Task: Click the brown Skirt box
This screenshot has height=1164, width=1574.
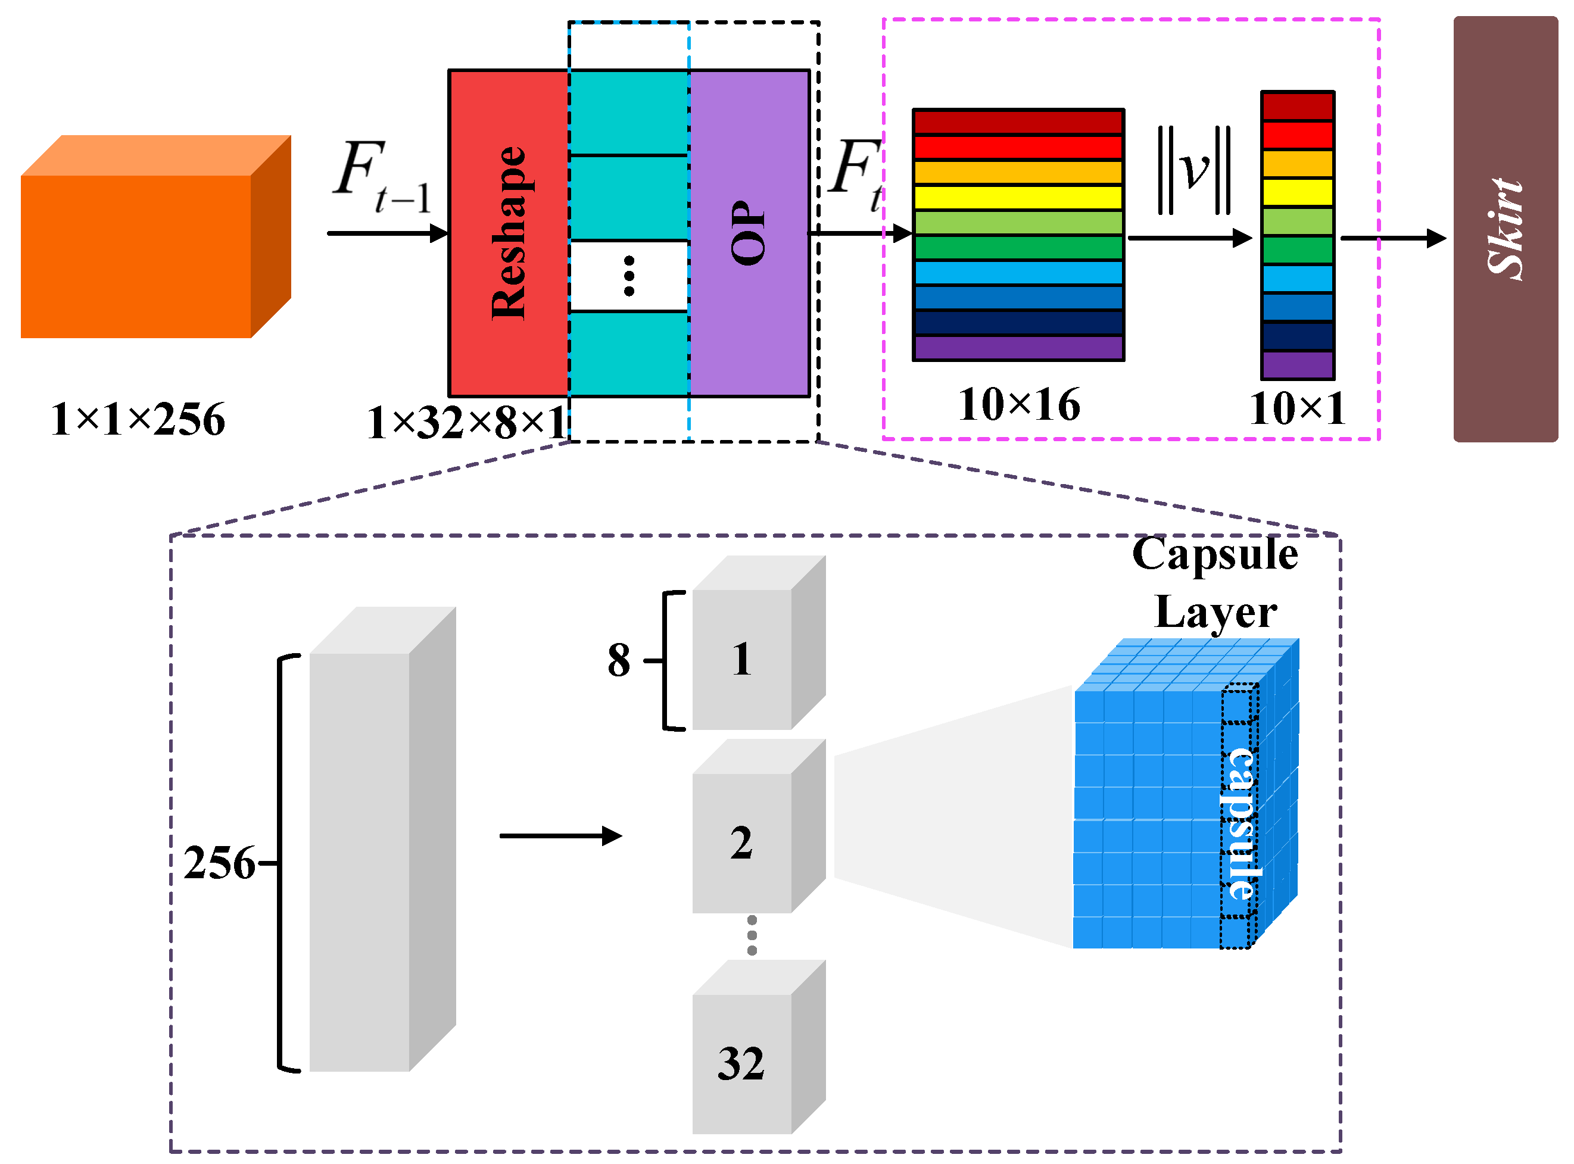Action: pyautogui.click(x=1505, y=229)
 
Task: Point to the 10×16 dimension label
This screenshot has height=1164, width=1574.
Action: pyautogui.click(x=1019, y=405)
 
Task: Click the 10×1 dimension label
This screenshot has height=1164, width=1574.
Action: pyautogui.click(x=1297, y=408)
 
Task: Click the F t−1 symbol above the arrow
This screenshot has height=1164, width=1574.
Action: pyautogui.click(x=381, y=176)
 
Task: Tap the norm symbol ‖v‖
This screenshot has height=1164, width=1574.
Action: pyautogui.click(x=1193, y=169)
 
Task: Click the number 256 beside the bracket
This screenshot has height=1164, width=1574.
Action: pyautogui.click(x=219, y=863)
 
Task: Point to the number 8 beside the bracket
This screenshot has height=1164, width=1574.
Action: pyautogui.click(x=619, y=661)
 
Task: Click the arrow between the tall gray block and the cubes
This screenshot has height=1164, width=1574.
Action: pyautogui.click(x=560, y=837)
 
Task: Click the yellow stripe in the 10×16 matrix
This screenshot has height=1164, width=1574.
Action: pyautogui.click(x=1018, y=196)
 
